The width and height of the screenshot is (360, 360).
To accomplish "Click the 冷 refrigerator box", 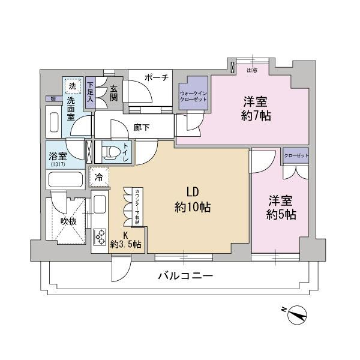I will point(99,178).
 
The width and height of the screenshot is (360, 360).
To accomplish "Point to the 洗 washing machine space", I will point(72,86).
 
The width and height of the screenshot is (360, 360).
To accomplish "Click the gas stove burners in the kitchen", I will point(99,235).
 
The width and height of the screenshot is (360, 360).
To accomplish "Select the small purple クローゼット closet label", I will point(295,155).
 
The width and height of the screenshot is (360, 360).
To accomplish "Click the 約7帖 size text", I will point(257,115).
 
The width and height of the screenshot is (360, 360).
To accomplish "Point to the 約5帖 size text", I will point(281,214).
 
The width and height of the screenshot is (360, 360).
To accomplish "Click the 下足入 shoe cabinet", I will point(90,94).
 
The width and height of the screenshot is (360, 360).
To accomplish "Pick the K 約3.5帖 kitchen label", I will point(125,239).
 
